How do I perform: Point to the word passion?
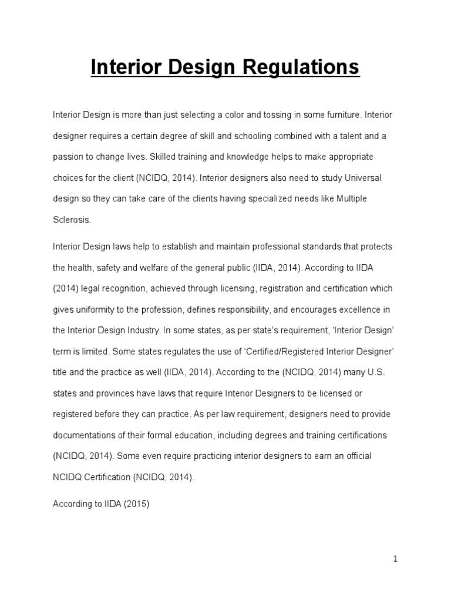coord(67,157)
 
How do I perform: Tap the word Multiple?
coord(351,199)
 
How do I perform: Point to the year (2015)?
coord(136,504)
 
